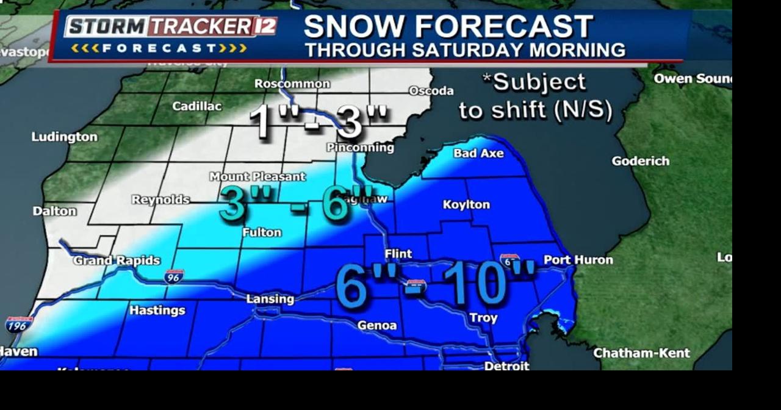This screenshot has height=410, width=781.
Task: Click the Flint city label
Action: pyautogui.click(x=398, y=254)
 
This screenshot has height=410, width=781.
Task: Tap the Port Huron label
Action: pyautogui.click(x=578, y=260)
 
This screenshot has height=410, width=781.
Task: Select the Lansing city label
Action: pyautogui.click(x=270, y=299)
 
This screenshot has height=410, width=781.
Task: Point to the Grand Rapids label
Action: pyautogui.click(x=117, y=261)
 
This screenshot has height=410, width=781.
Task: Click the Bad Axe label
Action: pyautogui.click(x=478, y=153)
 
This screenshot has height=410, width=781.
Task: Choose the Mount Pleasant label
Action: pyautogui.click(x=257, y=176)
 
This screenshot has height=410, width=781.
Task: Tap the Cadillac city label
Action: pyautogui.click(x=196, y=106)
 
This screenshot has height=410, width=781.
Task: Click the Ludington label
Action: pyautogui.click(x=64, y=137)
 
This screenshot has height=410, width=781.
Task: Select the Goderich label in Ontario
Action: pyautogui.click(x=640, y=161)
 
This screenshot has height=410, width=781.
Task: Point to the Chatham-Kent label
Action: pyautogui.click(x=641, y=353)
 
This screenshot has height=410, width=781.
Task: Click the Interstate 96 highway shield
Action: pyautogui.click(x=174, y=276)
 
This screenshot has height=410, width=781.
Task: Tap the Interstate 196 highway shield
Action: pyautogui.click(x=18, y=325)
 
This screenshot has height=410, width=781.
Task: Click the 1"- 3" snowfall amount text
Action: pyautogui.click(x=318, y=121)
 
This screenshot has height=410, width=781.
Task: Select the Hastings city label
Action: pyautogui.click(x=157, y=311)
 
